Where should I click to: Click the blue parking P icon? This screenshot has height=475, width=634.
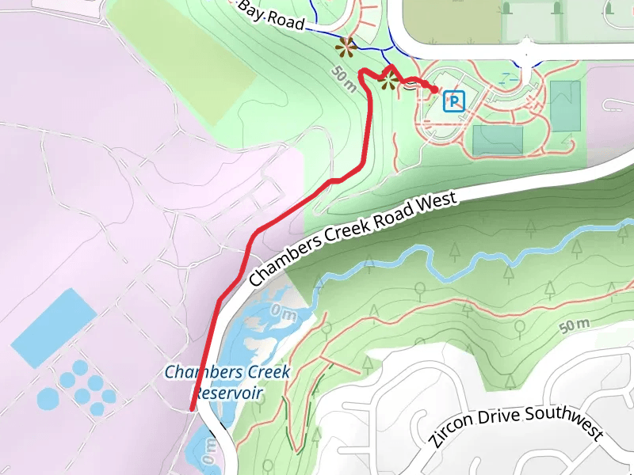pos(453,101)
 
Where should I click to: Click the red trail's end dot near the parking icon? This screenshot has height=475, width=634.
pos(434,90)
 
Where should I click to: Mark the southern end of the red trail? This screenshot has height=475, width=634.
pos(193,408)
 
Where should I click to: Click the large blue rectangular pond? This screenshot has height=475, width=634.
pos(53,328)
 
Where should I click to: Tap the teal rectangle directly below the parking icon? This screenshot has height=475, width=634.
pos(497,140)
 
